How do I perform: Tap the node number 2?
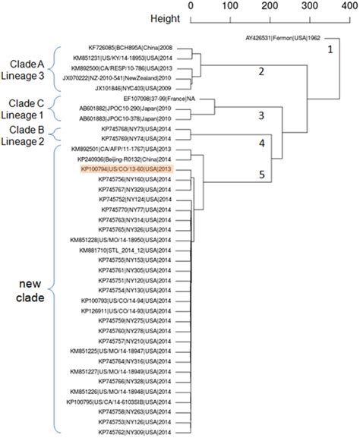tap(261, 73)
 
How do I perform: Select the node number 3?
tap(261, 116)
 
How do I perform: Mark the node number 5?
tap(261, 175)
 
